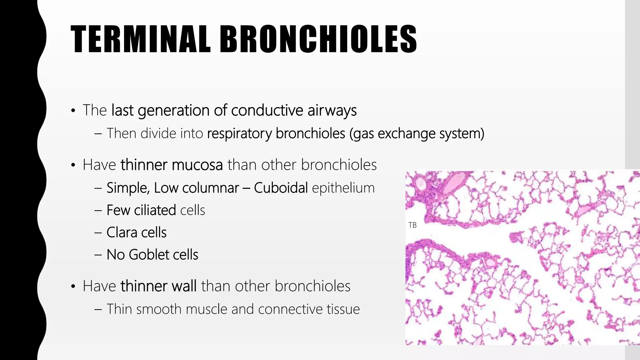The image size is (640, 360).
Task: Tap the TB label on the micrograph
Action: click(x=412, y=225)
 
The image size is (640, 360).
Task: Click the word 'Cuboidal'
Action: click(x=281, y=188)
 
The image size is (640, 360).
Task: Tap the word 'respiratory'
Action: click(x=240, y=133)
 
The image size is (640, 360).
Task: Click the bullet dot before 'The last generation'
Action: click(x=73, y=111)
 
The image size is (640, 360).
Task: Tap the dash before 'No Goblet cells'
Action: click(x=98, y=255)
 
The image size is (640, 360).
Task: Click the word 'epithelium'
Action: click(x=343, y=188)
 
